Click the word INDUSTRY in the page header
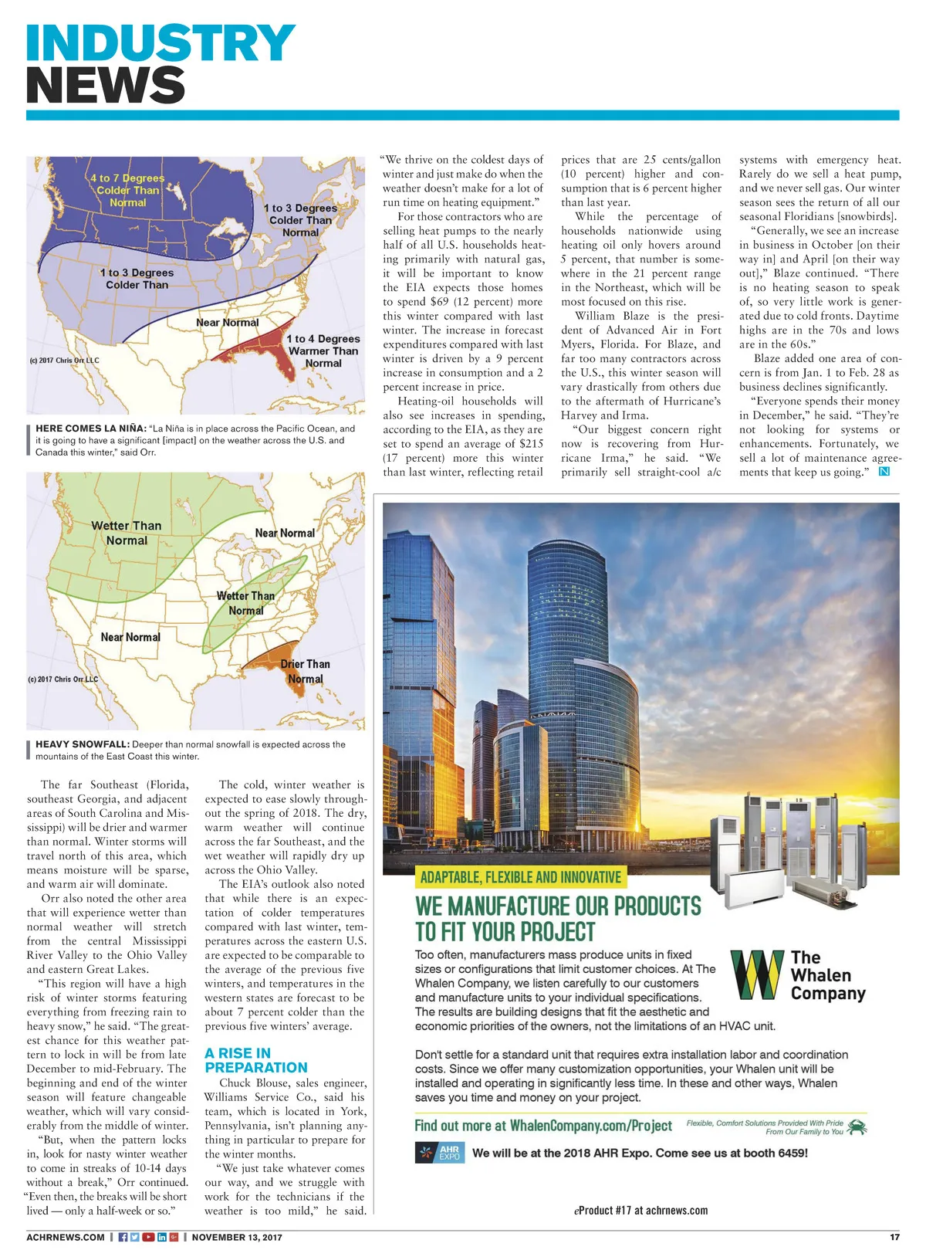coord(161,43)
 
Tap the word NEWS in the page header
coord(106,84)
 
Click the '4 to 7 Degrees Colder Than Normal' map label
coord(127,190)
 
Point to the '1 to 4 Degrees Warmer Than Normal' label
coord(323,351)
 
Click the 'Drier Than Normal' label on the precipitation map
coord(305,671)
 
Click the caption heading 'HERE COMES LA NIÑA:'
coord(91,429)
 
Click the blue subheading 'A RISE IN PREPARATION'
coord(255,1060)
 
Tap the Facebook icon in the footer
coord(123,1237)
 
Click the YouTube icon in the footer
coord(148,1237)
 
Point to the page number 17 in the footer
coord(894,1237)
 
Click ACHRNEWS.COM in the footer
coord(66,1237)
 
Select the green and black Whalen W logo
coord(756,974)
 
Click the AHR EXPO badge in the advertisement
coord(440,1153)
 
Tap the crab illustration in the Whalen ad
coord(857,1128)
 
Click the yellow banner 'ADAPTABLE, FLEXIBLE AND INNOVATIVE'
coord(520,877)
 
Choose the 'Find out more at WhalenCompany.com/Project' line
coord(543,1126)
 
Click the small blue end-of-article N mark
coord(884,472)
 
